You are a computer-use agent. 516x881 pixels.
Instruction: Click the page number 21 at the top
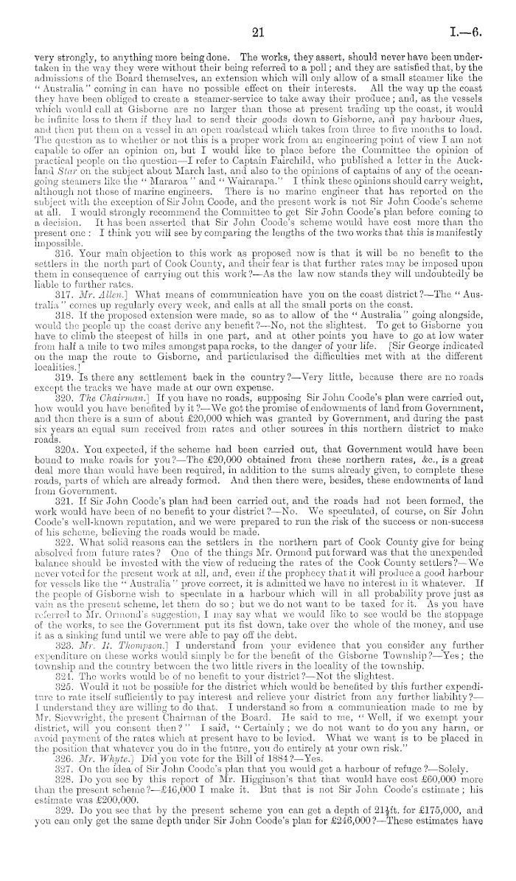(x=257, y=32)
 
